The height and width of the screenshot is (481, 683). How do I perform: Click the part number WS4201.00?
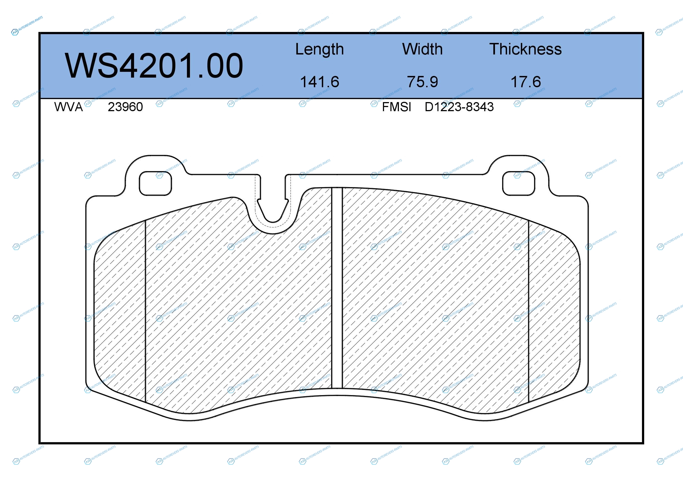154,66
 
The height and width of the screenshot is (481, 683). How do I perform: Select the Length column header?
320,50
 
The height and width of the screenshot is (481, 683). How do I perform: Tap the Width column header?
422,49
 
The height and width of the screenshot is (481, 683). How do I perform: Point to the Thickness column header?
526,49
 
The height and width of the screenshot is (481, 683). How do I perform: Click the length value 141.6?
320,82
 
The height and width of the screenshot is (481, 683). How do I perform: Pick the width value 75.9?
422,82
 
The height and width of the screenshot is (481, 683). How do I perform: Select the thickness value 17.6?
526,82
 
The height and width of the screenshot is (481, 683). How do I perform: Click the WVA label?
69,107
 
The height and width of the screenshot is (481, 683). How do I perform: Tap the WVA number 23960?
125,107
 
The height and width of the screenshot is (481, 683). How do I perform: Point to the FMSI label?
396,107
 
